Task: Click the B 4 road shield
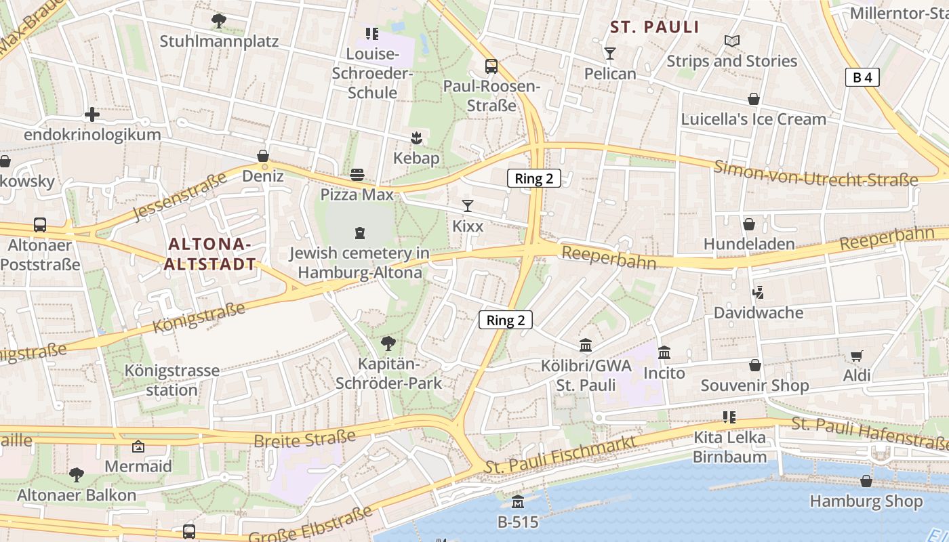[x=862, y=77]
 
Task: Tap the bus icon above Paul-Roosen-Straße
[x=491, y=66]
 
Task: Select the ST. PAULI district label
[x=654, y=27]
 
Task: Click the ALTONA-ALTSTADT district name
[x=209, y=254]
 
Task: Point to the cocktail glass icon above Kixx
[x=468, y=205]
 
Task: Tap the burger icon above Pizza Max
[x=357, y=175]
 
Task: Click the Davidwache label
[x=759, y=313]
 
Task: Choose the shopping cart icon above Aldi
[x=857, y=356]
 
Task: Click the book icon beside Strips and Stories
[x=731, y=41]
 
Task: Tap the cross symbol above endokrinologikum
[x=92, y=114]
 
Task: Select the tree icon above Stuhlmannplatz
[x=218, y=21]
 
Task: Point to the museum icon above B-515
[x=518, y=502]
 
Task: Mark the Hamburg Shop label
[x=866, y=502]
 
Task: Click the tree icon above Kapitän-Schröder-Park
[x=388, y=343]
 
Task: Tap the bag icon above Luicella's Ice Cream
[x=753, y=99]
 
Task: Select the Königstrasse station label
[x=172, y=380]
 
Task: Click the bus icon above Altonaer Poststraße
[x=40, y=225]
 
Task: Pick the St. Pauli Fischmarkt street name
[x=561, y=455]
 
